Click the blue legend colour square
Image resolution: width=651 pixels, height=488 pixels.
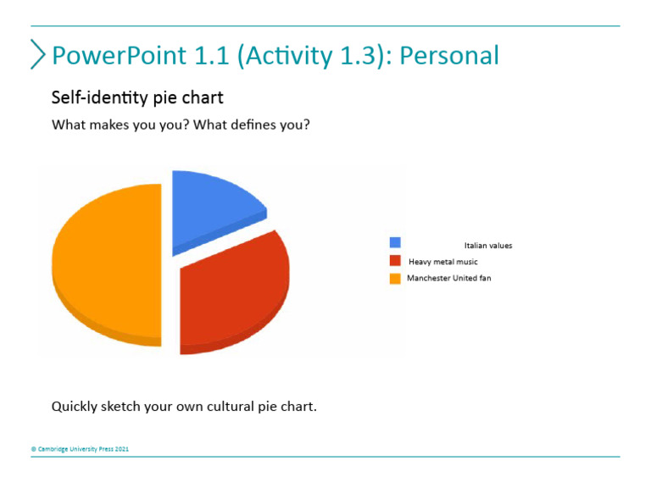click(395, 243)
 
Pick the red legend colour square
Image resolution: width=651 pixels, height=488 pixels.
click(395, 261)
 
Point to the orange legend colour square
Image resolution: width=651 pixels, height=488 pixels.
click(395, 278)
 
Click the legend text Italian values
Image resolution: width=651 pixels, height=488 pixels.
click(487, 246)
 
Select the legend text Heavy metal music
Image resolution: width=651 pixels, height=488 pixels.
click(442, 262)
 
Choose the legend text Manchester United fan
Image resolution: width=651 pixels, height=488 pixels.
click(448, 278)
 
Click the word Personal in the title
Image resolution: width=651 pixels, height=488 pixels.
click(448, 55)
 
